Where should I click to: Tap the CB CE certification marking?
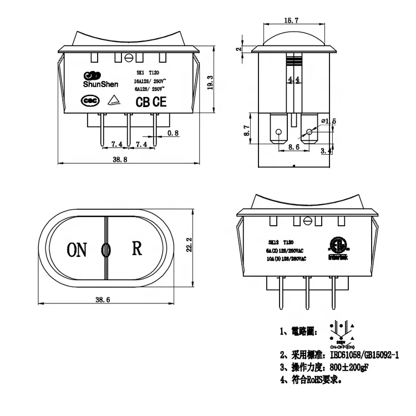pos(151,102)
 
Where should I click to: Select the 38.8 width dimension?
pos(120,159)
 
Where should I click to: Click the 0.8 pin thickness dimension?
pos(173,133)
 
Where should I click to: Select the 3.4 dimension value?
pos(327,150)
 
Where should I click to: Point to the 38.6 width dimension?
pos(103,300)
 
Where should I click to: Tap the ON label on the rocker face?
pos(77,250)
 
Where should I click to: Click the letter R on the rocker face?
pos(136,248)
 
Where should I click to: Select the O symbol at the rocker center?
pos(105,251)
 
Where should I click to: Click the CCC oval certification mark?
pos(89,102)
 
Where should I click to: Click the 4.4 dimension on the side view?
pos(294,80)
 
